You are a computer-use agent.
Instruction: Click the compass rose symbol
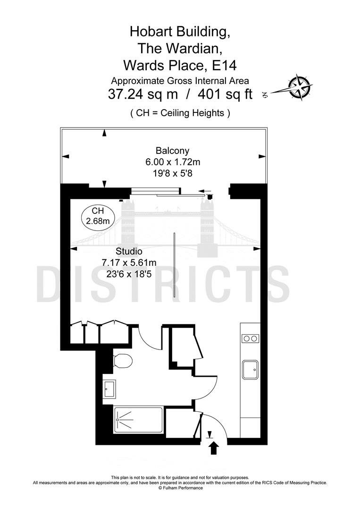300,86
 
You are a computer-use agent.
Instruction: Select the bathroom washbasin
109,389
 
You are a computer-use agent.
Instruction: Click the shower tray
138,420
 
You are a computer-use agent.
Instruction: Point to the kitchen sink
250,369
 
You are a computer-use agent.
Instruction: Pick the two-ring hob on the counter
250,339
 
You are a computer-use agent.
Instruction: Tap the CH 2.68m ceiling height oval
98,216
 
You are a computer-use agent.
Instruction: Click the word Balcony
172,151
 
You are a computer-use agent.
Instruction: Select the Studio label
129,251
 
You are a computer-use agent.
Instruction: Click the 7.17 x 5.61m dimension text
129,263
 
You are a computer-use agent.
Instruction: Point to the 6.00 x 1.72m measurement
173,162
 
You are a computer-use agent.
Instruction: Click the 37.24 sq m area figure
143,94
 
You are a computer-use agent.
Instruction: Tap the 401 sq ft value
225,94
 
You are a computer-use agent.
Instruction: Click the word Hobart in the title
151,32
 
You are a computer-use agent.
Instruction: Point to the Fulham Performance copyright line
180,488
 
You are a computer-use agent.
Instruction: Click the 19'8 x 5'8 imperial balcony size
173,173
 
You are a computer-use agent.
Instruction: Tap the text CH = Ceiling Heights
180,113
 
